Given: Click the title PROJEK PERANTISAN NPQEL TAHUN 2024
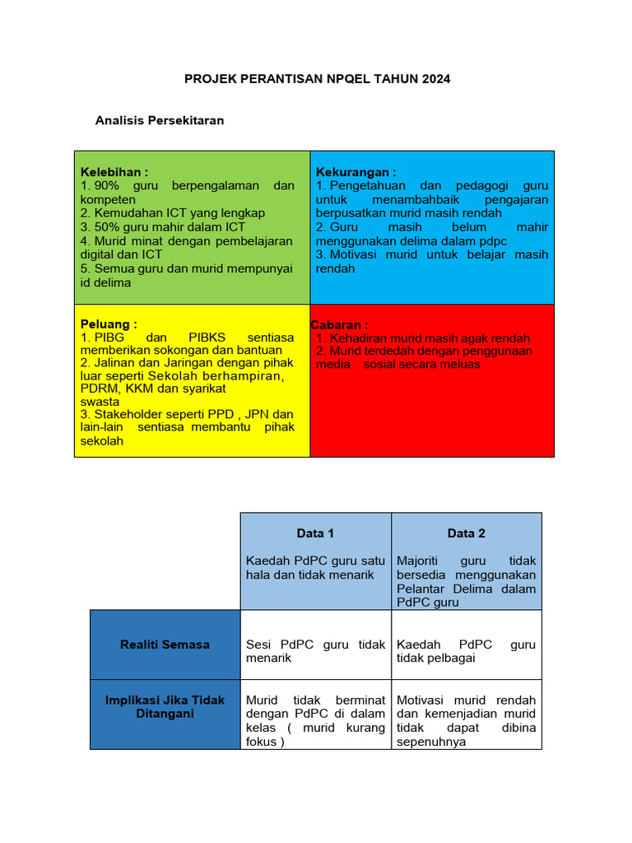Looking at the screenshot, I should coord(316,79).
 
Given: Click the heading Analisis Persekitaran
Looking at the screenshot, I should coord(160,120).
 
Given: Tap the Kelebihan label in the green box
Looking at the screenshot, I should coord(114,172).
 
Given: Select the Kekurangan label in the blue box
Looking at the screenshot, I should coord(356,172).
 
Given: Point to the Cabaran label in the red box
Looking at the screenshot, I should coord(340,325).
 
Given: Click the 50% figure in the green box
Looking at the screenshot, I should coord(107,227).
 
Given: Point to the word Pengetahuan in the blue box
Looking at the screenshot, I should coord(366,186).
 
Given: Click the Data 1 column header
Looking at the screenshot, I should coord(315,533).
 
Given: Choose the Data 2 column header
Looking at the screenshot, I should coord(467,533).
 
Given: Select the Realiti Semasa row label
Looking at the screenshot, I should coord(165,645).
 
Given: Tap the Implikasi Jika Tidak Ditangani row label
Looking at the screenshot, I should coord(165,706).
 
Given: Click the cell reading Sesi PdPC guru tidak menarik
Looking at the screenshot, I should coord(315,651).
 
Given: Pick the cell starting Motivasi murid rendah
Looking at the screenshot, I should coord(467,720).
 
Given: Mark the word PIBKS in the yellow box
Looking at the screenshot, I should coord(211,338).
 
